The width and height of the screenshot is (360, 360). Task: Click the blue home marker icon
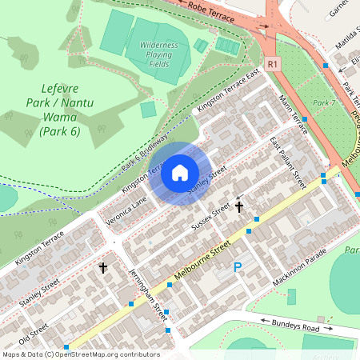[180, 173]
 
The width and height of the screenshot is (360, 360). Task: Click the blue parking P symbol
[237, 267]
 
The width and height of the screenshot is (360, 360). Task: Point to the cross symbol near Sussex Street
[238, 207]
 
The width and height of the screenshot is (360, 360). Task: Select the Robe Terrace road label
[211, 10]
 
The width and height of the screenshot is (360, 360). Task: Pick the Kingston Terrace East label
[228, 91]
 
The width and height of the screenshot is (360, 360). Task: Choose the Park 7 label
[323, 103]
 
